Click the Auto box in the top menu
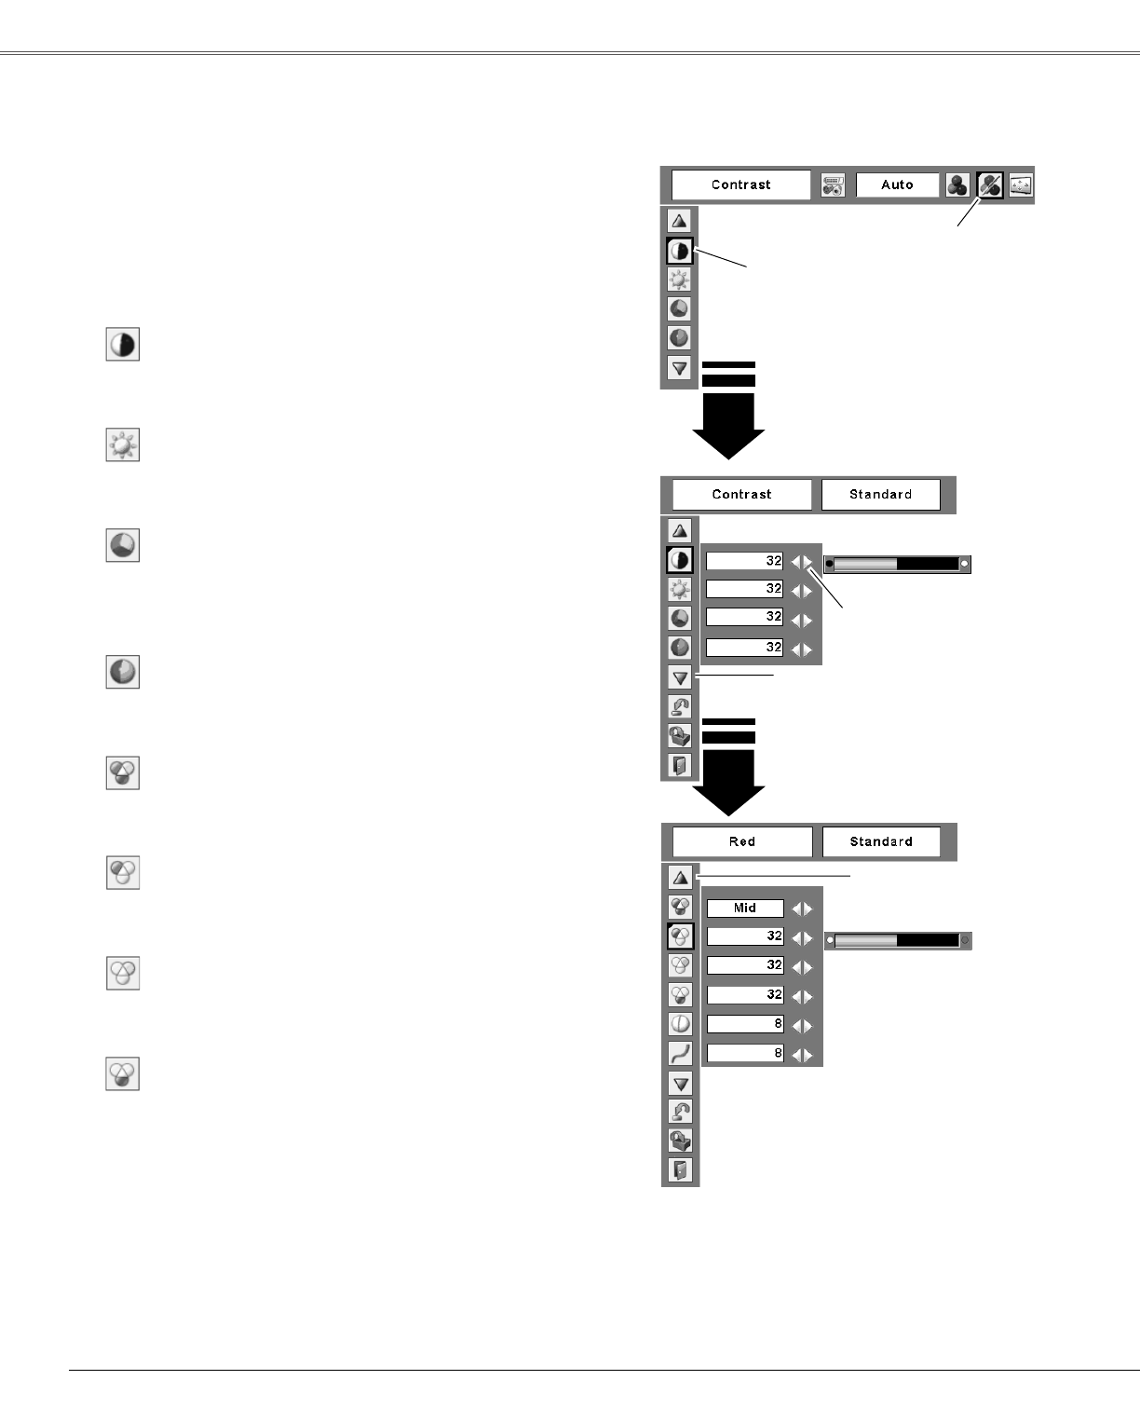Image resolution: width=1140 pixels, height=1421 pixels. pyautogui.click(x=897, y=184)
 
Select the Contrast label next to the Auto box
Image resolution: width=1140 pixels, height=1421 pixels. pyautogui.click(x=740, y=184)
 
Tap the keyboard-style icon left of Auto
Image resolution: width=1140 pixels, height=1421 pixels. pyautogui.click(x=833, y=185)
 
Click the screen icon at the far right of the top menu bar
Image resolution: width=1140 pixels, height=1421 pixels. pyautogui.click(x=1021, y=185)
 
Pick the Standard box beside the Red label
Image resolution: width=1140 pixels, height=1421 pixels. pyautogui.click(x=880, y=841)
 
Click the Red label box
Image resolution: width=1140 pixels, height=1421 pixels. pyautogui.click(x=742, y=841)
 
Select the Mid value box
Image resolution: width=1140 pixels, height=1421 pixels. pyautogui.click(x=745, y=908)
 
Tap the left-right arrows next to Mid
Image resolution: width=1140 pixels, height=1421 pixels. pyautogui.click(x=802, y=909)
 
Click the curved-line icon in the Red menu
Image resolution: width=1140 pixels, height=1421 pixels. pyautogui.click(x=681, y=1053)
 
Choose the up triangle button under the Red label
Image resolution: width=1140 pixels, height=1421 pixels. pyautogui.click(x=681, y=877)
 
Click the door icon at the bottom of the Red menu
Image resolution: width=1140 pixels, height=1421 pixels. pyautogui.click(x=681, y=1170)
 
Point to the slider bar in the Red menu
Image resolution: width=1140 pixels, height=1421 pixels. pyautogui.click(x=898, y=941)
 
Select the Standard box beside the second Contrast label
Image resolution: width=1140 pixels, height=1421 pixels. pyautogui.click(x=880, y=494)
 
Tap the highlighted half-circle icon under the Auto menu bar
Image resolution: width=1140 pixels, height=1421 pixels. pyautogui.click(x=680, y=251)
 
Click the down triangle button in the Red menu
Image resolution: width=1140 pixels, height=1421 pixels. pyautogui.click(x=681, y=1083)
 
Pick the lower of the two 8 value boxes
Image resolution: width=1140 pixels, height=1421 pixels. pyautogui.click(x=745, y=1054)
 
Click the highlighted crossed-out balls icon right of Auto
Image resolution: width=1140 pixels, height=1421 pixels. pyautogui.click(x=989, y=185)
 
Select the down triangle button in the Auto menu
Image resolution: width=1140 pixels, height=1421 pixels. pyautogui.click(x=680, y=368)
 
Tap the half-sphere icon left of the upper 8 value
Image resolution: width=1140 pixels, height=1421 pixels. pyautogui.click(x=681, y=1023)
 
